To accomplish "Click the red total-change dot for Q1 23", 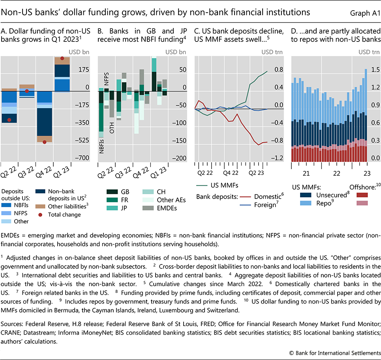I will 62,58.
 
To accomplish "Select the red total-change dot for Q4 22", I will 44,142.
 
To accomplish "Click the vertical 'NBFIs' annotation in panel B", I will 102,145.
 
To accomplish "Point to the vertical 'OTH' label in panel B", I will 112,127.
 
